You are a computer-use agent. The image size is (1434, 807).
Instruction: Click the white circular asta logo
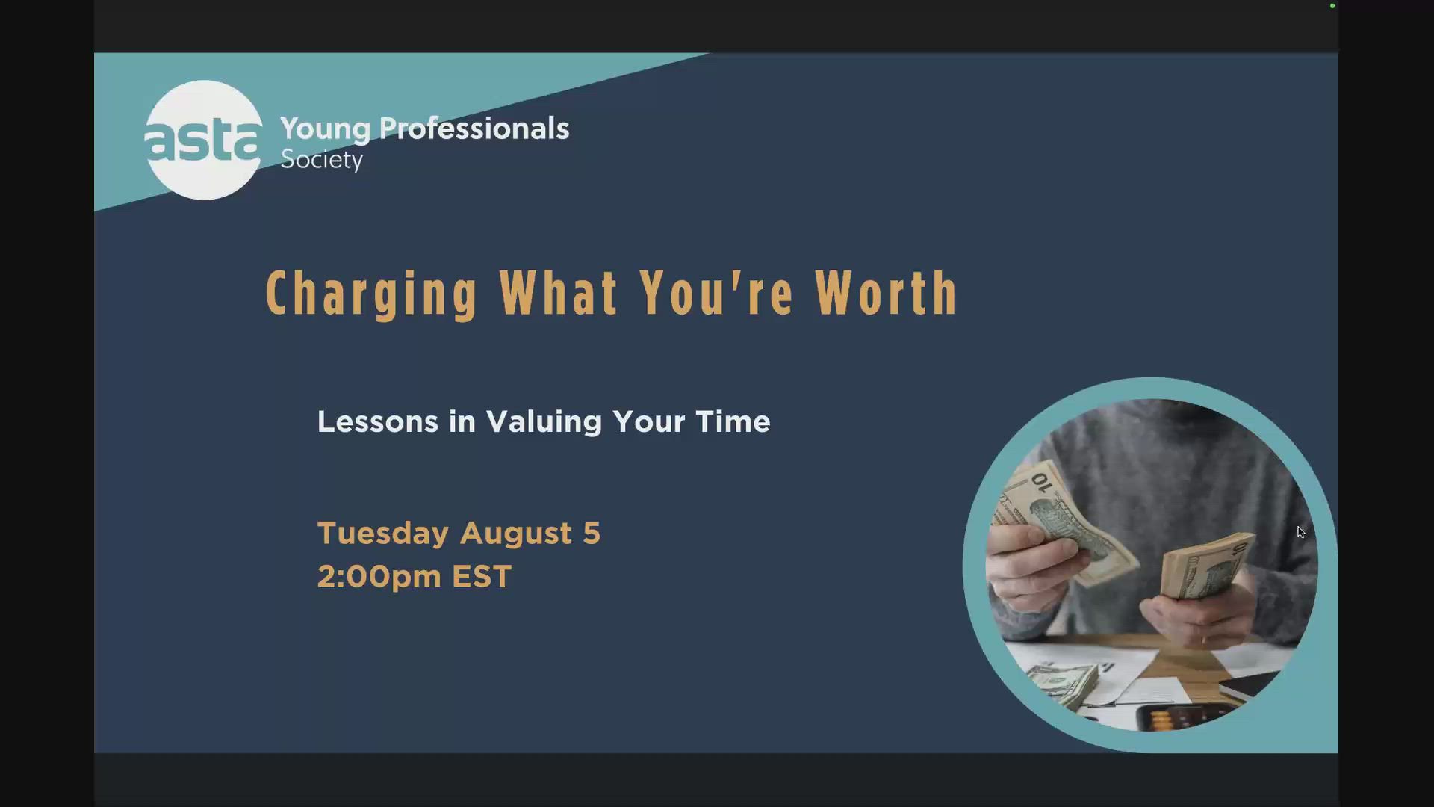click(x=203, y=140)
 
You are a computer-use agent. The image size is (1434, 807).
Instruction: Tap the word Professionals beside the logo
click(x=474, y=128)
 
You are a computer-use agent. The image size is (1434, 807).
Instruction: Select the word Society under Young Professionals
click(x=322, y=160)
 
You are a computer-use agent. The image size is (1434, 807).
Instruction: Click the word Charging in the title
click(x=372, y=294)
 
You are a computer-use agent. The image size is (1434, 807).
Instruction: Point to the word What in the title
click(x=559, y=292)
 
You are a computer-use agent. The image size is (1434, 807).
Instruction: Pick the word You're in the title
click(x=717, y=292)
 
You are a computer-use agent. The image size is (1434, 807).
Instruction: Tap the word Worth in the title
click(x=887, y=292)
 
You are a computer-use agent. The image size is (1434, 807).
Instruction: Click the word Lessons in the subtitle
click(x=378, y=422)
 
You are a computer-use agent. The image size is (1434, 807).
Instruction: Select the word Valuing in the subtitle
click(x=544, y=423)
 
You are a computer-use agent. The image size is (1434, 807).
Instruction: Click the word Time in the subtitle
click(x=733, y=422)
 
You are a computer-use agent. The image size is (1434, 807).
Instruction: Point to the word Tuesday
click(x=383, y=534)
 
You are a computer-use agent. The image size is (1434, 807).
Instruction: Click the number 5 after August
click(x=592, y=534)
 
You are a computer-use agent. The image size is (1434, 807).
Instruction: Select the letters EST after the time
click(x=482, y=577)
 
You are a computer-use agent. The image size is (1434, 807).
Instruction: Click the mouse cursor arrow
click(x=1301, y=532)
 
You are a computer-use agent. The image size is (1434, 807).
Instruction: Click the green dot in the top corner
click(x=1332, y=6)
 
